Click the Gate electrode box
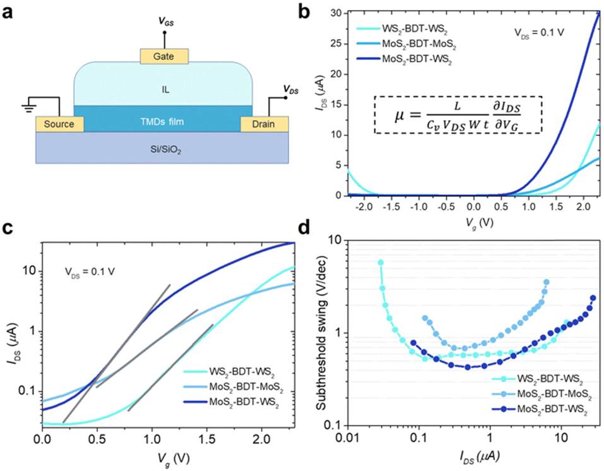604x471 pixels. click(164, 56)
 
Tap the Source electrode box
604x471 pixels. click(60, 124)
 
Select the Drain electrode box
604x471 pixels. click(264, 124)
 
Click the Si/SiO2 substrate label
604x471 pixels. click(165, 149)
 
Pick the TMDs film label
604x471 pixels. click(162, 122)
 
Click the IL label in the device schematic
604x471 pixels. click(165, 90)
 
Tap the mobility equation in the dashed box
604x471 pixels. click(458, 115)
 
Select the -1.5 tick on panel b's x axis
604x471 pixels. click(391, 206)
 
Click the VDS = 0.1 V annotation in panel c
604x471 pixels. click(90, 272)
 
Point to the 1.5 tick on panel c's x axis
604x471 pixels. click(206, 439)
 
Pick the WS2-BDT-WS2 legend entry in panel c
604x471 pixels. click(229, 373)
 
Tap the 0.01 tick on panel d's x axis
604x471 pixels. click(348, 438)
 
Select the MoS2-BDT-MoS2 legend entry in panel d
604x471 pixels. click(542, 394)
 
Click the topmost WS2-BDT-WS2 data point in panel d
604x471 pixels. click(381, 263)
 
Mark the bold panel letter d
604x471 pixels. click(304, 228)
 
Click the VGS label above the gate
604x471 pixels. click(167, 21)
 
